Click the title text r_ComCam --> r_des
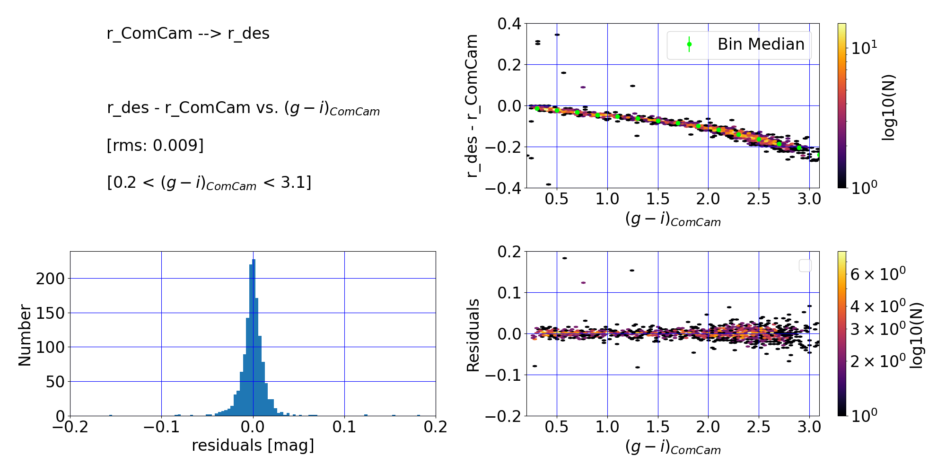pos(188,34)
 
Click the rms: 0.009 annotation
pos(155,145)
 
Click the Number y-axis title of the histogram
pos(25,335)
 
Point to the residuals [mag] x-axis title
pos(253,445)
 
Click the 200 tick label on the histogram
pos(50,279)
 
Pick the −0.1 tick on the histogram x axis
pos(161,427)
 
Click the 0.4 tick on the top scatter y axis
pos(509,24)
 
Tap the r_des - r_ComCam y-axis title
pos(472,106)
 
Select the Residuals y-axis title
pos(473,335)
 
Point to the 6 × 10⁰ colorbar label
pos(877,274)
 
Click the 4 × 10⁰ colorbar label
pos(877,307)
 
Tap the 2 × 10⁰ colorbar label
pos(877,361)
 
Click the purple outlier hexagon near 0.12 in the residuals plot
pos(583,283)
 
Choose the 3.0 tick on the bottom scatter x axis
pos(809,427)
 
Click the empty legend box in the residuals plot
pos(805,266)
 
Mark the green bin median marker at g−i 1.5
pos(658,121)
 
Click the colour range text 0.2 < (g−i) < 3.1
pos(209,183)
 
